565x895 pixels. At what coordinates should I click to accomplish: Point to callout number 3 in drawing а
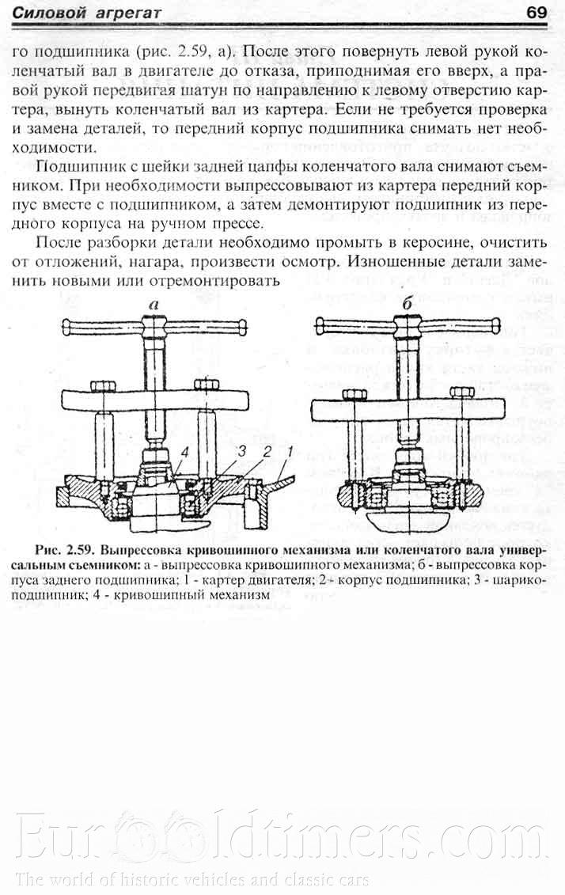point(244,450)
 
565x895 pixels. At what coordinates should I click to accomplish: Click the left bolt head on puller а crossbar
point(101,385)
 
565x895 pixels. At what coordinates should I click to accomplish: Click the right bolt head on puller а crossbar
point(209,385)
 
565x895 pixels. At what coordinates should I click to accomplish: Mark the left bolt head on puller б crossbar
point(354,393)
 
